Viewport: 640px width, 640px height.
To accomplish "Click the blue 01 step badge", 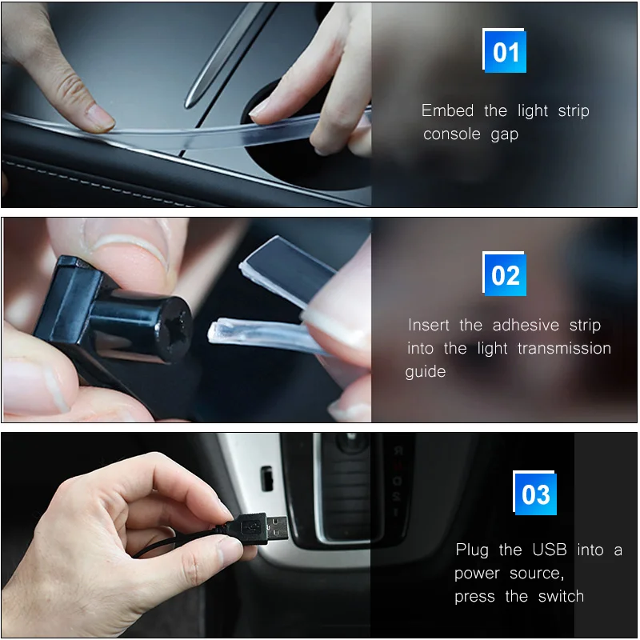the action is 505,50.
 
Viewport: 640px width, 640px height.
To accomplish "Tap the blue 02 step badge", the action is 505,274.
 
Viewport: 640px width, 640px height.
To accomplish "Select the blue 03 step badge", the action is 534,493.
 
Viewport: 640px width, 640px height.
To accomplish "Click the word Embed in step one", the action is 447,110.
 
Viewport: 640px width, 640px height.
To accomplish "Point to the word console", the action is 452,134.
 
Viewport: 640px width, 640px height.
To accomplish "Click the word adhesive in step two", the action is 526,325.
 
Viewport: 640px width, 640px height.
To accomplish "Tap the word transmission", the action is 564,348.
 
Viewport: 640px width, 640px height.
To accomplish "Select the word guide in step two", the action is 426,372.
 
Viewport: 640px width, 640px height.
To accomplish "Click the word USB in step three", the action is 550,550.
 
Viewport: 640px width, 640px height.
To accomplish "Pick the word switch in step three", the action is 561,596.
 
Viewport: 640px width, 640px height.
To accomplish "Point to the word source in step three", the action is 537,574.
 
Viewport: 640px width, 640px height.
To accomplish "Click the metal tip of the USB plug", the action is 278,527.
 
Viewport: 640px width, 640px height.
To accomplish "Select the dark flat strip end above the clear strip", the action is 288,269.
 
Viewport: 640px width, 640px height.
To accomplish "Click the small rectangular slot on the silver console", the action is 266,478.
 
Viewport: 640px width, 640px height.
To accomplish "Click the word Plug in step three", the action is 472,550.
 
